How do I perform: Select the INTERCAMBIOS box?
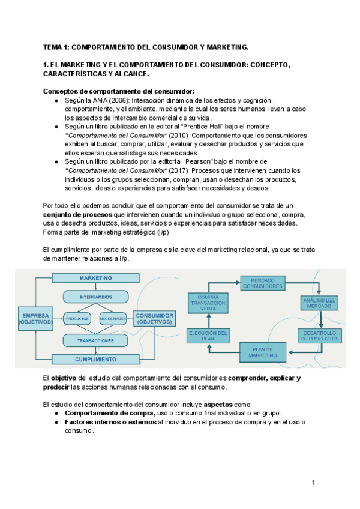(95, 297)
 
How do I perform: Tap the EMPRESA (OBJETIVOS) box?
(36, 319)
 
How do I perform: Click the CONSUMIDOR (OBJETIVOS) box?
(155, 319)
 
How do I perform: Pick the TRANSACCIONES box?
(95, 340)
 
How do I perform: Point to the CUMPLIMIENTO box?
(95, 360)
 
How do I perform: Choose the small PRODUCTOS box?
(77, 318)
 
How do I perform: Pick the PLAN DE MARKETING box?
(262, 352)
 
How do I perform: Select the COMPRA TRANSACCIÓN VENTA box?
(207, 303)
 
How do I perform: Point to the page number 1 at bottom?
(313, 483)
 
